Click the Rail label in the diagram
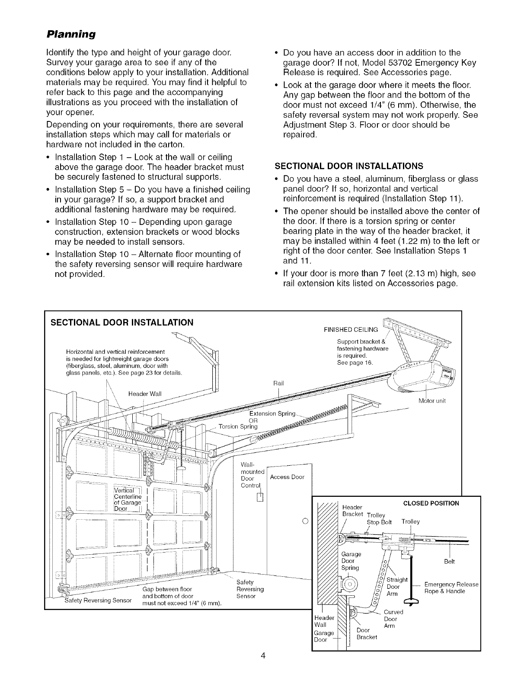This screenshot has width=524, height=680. tap(279, 383)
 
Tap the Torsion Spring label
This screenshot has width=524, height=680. tap(238, 427)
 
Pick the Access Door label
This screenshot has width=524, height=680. tap(287, 477)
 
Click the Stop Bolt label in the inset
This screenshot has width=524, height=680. tap(379, 522)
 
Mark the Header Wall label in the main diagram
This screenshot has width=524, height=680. tap(145, 393)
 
